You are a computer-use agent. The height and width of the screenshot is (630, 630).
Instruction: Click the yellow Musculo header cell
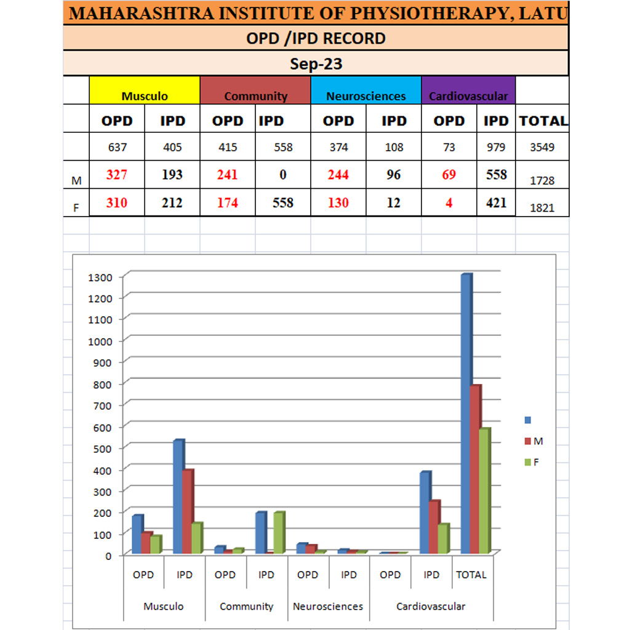pos(145,90)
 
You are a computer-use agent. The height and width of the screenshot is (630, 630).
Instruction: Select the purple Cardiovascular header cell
pos(468,90)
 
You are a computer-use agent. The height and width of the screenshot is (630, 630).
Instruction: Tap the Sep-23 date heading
pos(316,63)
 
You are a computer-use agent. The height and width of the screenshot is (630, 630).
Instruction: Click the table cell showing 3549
pos(542,147)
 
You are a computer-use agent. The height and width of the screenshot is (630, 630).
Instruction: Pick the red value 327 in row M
pos(116,175)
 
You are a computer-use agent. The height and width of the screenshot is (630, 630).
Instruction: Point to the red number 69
pos(449,175)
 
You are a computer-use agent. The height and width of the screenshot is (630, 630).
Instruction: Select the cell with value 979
pos(495,147)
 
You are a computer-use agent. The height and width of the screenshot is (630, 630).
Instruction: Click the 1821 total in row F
pos(542,208)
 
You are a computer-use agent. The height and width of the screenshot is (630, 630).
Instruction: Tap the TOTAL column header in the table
pos(543,121)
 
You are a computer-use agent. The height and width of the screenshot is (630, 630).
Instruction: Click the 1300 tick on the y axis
pos(100,277)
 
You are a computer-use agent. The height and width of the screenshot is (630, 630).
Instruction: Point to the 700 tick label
pos(103,405)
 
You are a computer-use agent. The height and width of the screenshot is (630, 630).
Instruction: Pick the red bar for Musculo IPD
pos(187,511)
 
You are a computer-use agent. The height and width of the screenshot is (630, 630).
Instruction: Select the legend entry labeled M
pos(533,441)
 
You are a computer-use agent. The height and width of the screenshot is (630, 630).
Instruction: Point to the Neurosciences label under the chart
pos(328,607)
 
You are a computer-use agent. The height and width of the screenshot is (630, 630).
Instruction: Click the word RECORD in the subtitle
pos(354,38)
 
